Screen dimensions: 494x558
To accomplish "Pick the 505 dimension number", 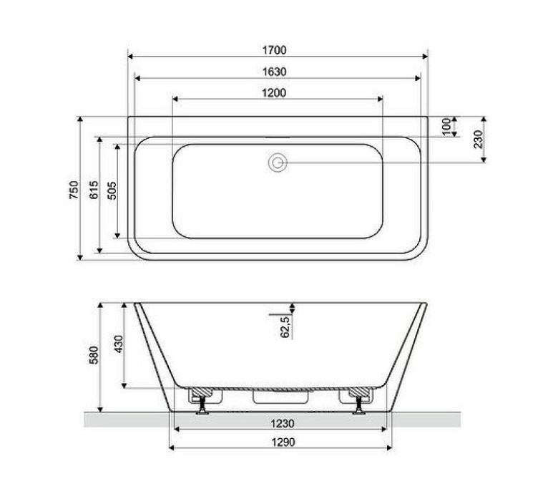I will tap(112, 189).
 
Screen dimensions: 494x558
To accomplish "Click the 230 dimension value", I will tap(478, 138).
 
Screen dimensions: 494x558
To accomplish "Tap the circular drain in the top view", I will tap(278, 163).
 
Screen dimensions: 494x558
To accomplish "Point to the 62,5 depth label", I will tap(284, 326).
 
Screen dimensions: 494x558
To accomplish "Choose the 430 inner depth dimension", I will tap(119, 345).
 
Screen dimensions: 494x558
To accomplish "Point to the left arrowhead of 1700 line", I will tap(130, 56).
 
